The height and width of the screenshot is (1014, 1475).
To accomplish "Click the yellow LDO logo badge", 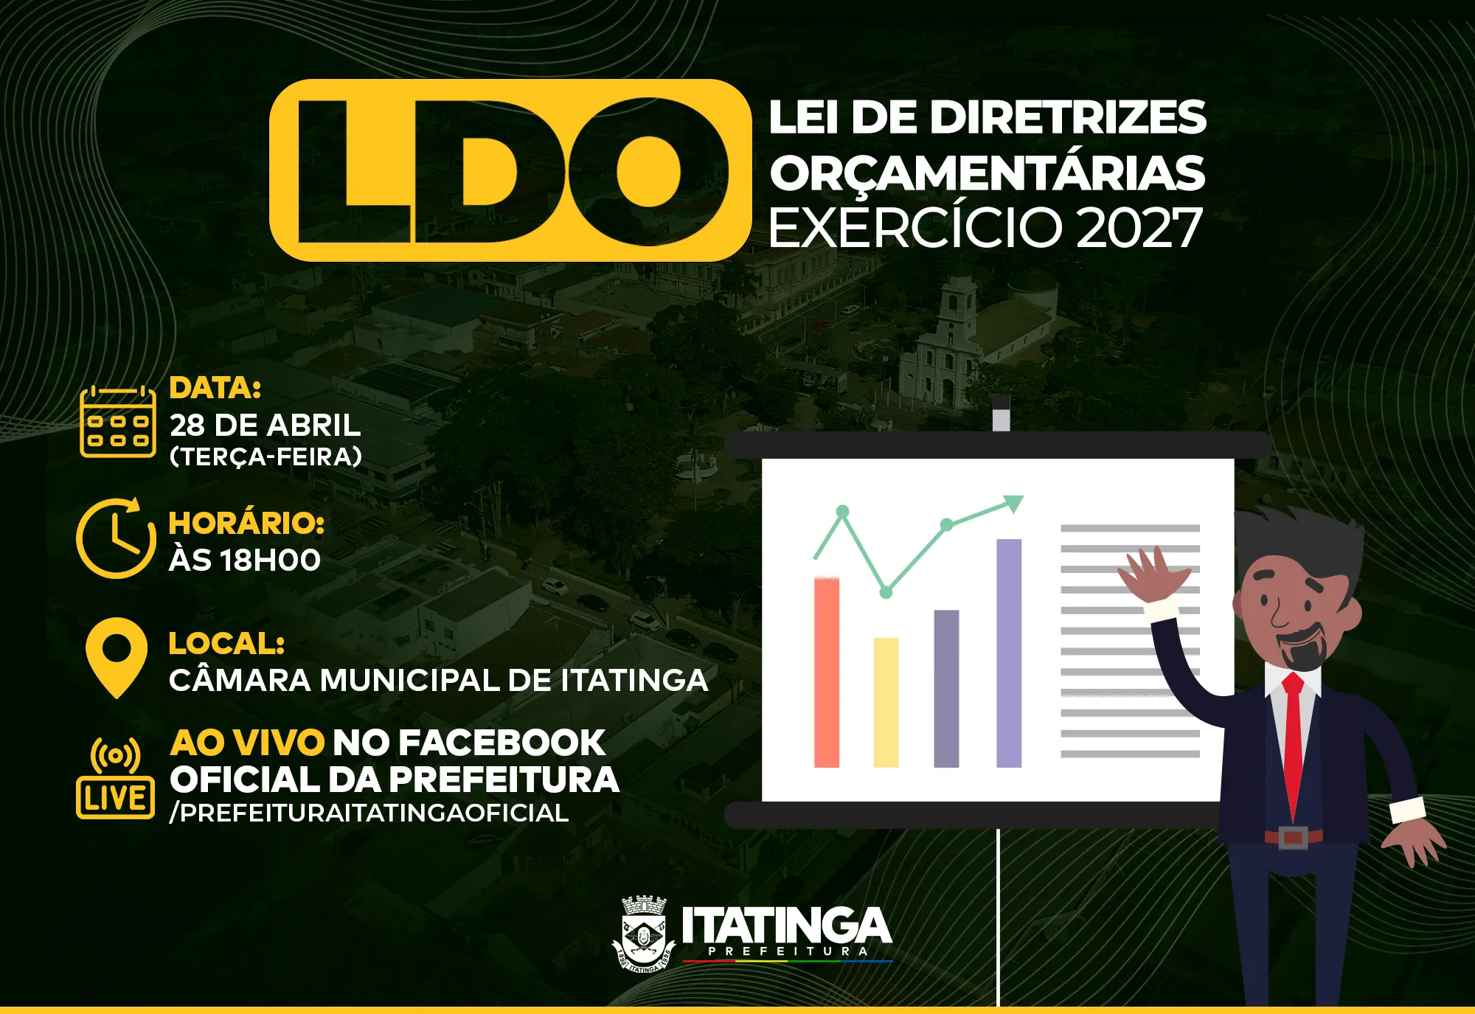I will point(510,170).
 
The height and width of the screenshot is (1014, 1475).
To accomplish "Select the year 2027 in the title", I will point(1139,228).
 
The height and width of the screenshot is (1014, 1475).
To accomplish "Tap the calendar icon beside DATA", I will point(118,422).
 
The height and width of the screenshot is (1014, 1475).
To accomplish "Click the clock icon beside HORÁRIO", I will point(116,539).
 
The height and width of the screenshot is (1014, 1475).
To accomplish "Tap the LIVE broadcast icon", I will point(116,779).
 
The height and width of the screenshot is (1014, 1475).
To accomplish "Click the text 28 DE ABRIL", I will point(265,426).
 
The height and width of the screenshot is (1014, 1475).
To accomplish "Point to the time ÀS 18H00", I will point(245,560).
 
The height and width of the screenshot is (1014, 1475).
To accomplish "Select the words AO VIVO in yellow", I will point(246,743).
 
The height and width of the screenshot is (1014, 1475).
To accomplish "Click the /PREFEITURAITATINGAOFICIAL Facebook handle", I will point(369,813).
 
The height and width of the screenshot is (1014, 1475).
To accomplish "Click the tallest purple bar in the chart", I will point(1009,653).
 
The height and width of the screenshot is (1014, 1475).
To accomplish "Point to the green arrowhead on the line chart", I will point(1014,503).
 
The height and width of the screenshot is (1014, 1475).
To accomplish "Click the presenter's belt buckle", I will point(1292,838).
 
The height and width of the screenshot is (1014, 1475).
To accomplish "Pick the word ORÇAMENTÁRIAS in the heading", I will point(987,173).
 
